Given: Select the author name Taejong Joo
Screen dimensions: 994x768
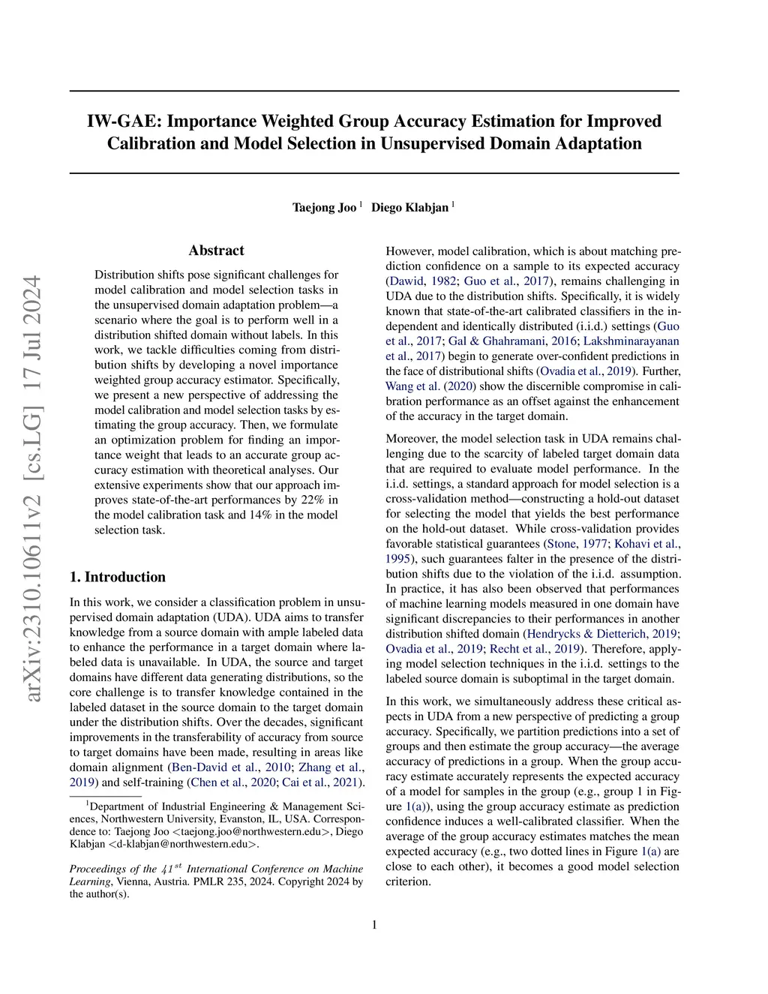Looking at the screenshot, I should [x=324, y=207].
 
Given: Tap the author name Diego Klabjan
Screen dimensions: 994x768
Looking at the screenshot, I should [x=409, y=207].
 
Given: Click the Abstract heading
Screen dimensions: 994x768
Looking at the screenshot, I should [x=216, y=251].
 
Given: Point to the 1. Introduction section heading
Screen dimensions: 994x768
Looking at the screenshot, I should [x=117, y=577].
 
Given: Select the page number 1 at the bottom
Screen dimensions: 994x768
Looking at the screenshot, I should [x=374, y=924].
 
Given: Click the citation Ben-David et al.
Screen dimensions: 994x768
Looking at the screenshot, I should [x=215, y=767].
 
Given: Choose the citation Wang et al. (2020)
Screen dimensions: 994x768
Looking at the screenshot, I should [x=430, y=386].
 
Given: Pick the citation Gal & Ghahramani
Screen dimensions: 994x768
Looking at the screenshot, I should [x=496, y=341].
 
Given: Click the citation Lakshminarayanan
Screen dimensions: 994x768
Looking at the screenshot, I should [x=631, y=341].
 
